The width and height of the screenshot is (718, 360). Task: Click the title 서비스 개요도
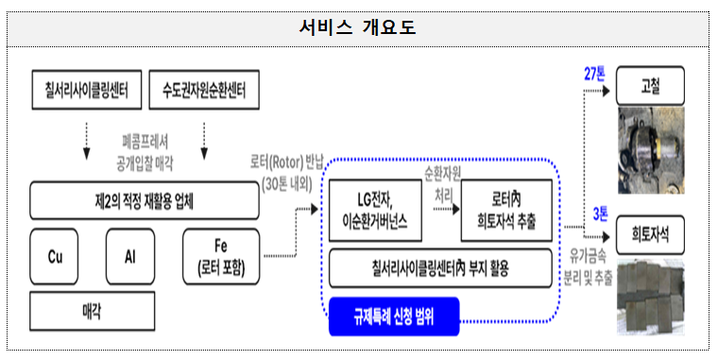(x=358, y=27)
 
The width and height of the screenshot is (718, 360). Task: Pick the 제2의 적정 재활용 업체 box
(x=146, y=200)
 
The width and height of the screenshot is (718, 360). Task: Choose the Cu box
(x=55, y=256)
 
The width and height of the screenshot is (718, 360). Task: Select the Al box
(x=131, y=256)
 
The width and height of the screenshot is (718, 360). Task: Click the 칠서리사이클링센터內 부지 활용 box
(x=440, y=269)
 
